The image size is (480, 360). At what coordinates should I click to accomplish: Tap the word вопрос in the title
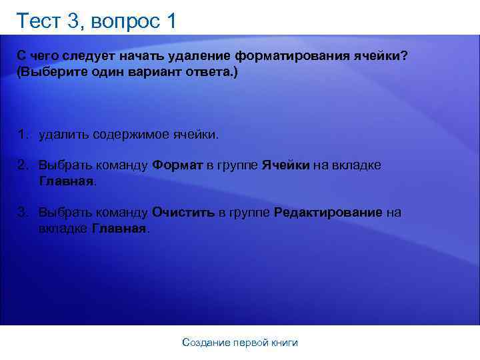tap(124, 22)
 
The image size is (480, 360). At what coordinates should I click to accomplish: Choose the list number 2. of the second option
tap(24, 165)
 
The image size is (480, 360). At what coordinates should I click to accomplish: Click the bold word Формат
tap(177, 165)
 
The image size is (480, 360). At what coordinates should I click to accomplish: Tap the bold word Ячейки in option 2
tap(285, 165)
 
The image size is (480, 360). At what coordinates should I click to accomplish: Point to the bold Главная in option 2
tap(67, 181)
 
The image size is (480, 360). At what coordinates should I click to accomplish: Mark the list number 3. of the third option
tap(24, 213)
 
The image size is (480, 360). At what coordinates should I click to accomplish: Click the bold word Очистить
tap(183, 213)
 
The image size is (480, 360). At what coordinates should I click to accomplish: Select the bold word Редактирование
tap(328, 213)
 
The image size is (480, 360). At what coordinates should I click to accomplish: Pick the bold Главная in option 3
tap(119, 228)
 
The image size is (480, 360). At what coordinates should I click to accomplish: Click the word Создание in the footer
tap(206, 343)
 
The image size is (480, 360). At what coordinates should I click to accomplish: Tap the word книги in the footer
tap(285, 343)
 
